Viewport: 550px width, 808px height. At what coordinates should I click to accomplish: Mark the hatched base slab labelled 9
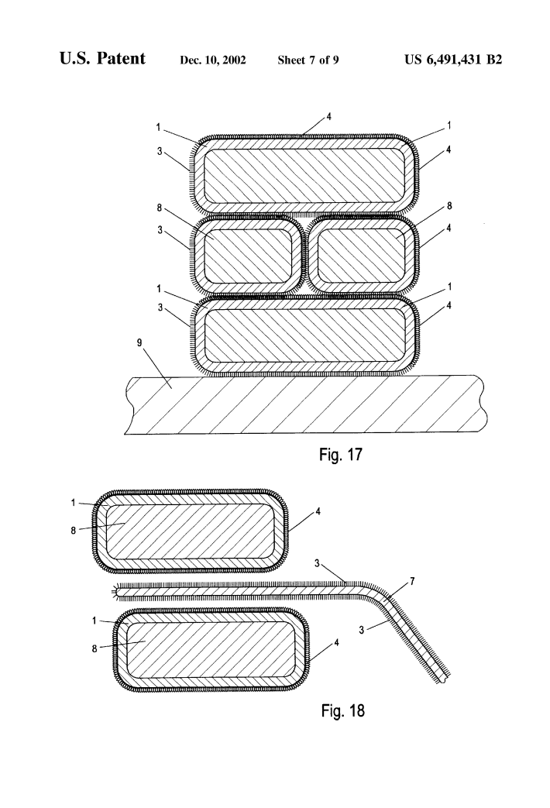click(302, 405)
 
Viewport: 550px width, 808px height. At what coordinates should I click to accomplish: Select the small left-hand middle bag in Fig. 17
click(246, 256)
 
